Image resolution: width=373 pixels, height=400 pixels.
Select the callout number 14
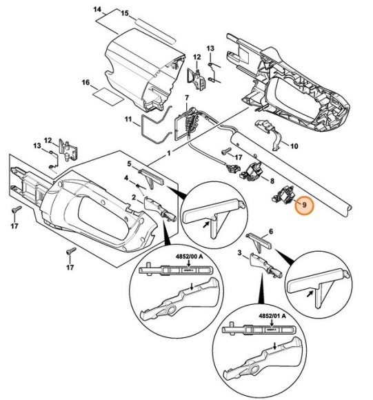pos(98,10)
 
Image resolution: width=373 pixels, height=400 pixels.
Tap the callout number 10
pos(294,146)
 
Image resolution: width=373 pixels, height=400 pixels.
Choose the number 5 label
pos(128,163)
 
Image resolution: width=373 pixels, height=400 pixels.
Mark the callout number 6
pos(271,232)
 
